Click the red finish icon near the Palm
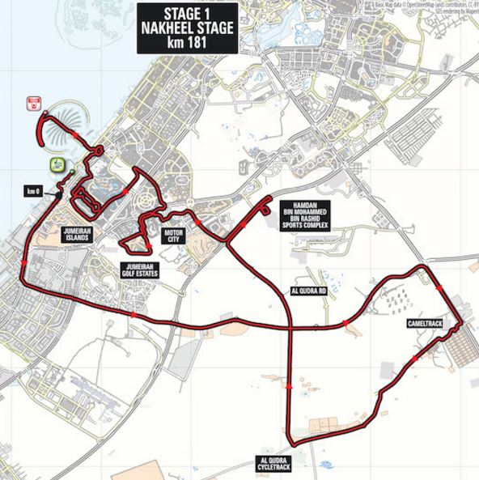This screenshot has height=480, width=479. (34, 103)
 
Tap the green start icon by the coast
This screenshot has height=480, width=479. (57, 165)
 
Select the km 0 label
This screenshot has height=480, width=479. (32, 191)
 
